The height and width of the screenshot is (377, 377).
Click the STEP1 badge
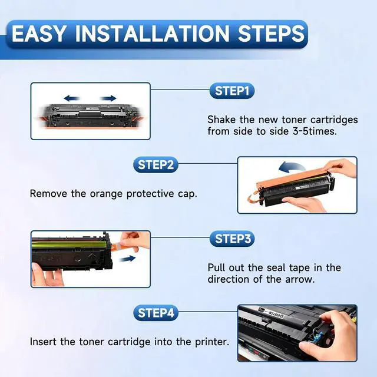click(232, 91)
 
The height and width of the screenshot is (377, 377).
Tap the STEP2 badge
click(156, 165)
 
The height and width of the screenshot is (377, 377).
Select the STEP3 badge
click(232, 239)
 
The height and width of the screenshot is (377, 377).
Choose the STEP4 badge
click(156, 313)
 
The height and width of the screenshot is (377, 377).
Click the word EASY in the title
click(39, 34)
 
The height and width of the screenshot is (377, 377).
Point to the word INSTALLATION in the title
click(153, 34)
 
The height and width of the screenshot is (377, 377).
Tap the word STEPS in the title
click(272, 34)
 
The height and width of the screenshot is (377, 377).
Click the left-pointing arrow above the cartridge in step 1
click(72, 98)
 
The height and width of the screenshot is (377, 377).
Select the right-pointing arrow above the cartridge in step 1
click(108, 98)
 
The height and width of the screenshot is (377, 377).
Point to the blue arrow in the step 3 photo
click(127, 259)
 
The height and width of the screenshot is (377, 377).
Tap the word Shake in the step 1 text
click(221, 120)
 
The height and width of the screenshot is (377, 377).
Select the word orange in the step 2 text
click(106, 194)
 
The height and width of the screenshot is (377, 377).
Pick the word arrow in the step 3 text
click(300, 280)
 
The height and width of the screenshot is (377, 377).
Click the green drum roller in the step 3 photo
click(69, 245)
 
